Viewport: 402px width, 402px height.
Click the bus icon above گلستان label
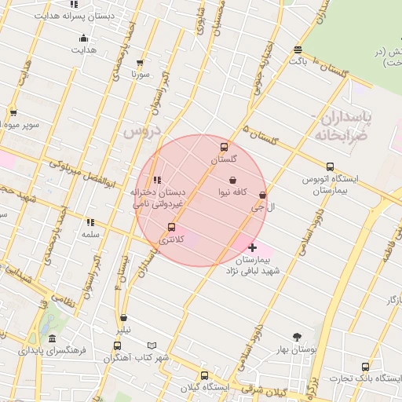(x=225, y=147)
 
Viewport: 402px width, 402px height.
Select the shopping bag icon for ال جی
(x=262, y=196)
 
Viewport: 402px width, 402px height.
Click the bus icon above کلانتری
(x=171, y=228)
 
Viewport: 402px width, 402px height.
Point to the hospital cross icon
(x=252, y=248)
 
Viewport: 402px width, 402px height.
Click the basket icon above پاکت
(x=298, y=49)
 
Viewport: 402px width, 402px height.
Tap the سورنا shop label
(x=140, y=74)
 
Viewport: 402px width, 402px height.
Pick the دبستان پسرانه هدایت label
(x=75, y=16)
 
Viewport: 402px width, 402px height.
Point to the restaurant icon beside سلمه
(x=90, y=222)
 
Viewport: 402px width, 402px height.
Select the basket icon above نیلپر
(x=124, y=318)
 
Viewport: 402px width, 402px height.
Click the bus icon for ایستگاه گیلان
(x=204, y=375)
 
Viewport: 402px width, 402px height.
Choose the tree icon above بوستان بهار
(x=297, y=338)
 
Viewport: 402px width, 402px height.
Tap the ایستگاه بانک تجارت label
(x=369, y=378)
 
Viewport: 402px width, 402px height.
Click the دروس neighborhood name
(x=142, y=130)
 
